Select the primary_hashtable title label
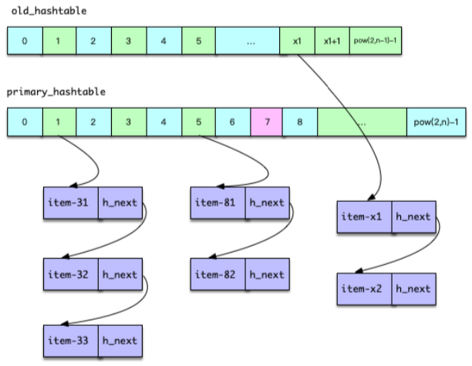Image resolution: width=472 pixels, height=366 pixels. pyautogui.click(x=56, y=92)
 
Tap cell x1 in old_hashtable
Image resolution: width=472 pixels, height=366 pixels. pyautogui.click(x=298, y=41)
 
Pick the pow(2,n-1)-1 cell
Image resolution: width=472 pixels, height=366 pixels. pyautogui.click(x=376, y=41)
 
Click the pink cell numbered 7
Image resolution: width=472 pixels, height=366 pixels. pyautogui.click(x=266, y=122)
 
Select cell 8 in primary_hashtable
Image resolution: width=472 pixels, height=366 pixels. pyautogui.click(x=299, y=122)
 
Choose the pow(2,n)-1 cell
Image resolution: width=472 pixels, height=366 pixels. pyautogui.click(x=437, y=122)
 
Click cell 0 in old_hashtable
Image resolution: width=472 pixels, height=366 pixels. pyautogui.click(x=25, y=41)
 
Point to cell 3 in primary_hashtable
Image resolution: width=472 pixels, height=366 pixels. pyautogui.click(x=128, y=122)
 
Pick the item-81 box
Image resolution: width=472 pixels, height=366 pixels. pyautogui.click(x=217, y=203)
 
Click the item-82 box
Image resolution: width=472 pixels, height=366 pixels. pyautogui.click(x=217, y=274)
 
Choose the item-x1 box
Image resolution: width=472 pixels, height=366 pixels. pyautogui.click(x=364, y=217)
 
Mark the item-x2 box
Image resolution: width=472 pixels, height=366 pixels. pyautogui.click(x=364, y=288)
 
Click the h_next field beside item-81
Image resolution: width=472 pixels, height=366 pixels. pyautogui.click(x=266, y=203)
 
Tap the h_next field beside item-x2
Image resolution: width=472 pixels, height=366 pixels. pyautogui.click(x=413, y=288)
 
